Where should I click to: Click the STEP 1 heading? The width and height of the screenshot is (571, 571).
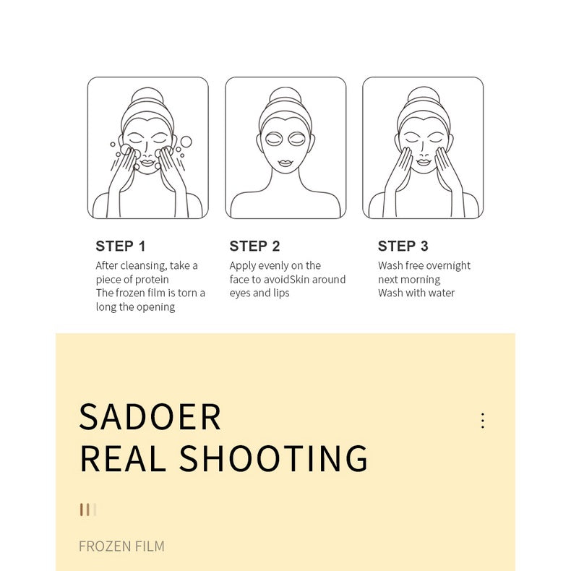tap(121, 246)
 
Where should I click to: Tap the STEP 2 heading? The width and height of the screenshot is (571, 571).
tap(254, 246)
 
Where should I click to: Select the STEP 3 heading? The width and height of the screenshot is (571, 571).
tap(403, 246)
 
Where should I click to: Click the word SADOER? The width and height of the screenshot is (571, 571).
tap(150, 416)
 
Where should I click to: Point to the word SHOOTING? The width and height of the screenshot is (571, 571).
tap(274, 458)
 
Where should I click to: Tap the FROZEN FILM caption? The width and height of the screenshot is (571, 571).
tap(121, 546)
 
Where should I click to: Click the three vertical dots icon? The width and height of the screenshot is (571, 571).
tap(482, 421)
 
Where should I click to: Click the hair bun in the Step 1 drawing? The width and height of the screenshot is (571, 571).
tap(147, 95)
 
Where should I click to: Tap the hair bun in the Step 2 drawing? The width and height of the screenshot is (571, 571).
tap(285, 95)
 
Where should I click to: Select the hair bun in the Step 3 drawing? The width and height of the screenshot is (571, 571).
tap(423, 95)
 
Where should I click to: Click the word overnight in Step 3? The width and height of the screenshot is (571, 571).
tap(447, 266)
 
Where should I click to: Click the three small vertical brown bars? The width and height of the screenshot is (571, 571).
tap(87, 510)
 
